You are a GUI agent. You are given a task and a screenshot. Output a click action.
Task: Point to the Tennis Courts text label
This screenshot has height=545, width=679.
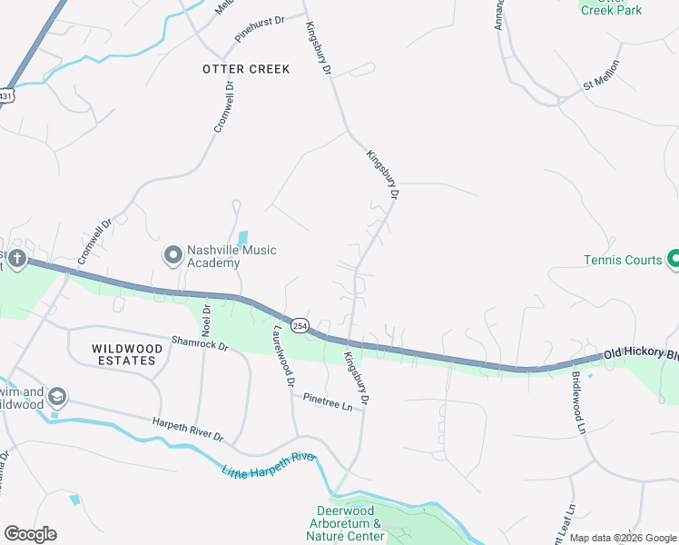(x=623, y=261)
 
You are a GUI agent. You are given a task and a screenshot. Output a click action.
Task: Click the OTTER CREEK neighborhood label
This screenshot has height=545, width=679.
(x=246, y=69)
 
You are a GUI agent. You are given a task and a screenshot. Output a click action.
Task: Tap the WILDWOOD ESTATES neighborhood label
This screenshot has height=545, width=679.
(x=124, y=354)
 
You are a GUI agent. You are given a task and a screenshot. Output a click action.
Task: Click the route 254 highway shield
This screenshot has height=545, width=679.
(x=300, y=325)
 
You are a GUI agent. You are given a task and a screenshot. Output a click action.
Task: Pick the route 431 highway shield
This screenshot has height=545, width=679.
(x=5, y=95)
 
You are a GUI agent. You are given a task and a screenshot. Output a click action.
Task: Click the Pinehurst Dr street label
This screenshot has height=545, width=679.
(x=260, y=30)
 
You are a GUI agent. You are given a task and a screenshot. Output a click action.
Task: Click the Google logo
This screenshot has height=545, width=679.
(x=30, y=534)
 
